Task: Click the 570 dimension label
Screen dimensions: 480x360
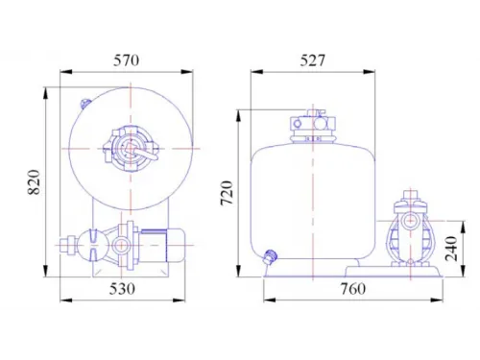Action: [x=126, y=60]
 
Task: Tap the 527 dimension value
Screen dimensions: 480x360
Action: [x=312, y=60]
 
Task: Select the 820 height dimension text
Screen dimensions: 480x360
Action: [x=35, y=181]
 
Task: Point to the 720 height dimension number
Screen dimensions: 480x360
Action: [x=227, y=193]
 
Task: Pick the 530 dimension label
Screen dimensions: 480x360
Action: [x=122, y=289]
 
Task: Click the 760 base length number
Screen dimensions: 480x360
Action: [x=352, y=289]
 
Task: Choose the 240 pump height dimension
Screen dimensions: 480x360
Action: [x=451, y=249]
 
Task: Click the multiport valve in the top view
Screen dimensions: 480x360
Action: [x=132, y=150]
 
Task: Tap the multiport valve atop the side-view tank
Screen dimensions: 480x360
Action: [x=313, y=126]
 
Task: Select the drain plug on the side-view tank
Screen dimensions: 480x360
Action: [x=270, y=256]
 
